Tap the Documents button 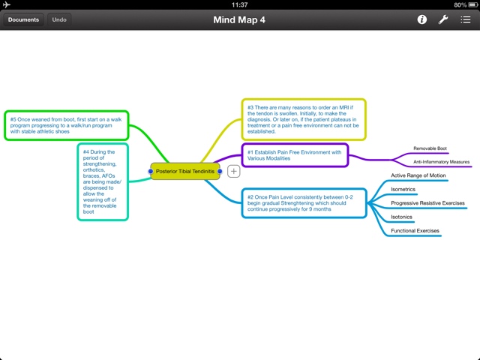coord(23,19)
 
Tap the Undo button coord(59,19)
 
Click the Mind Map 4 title coord(239,19)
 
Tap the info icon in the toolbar coord(422,19)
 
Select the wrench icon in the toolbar coord(443,19)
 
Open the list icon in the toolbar coord(465,19)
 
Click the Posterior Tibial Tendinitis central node coord(185,172)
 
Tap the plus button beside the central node coord(234,172)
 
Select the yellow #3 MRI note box coord(304,120)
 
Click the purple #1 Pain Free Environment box coord(295,156)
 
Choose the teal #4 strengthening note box coord(103,181)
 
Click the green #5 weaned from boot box coord(66,125)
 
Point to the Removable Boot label coord(430,148)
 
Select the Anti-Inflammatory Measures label coord(441,162)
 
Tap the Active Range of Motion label coord(418,175)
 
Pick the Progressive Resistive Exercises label coord(427,203)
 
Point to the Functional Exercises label coord(415,231)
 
